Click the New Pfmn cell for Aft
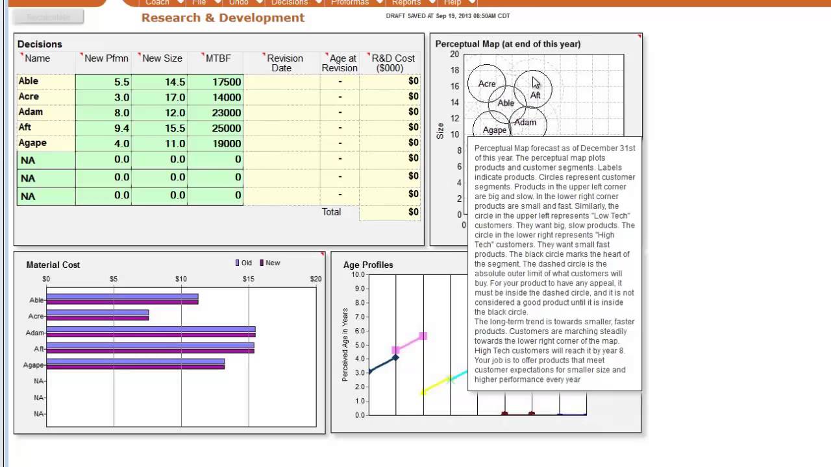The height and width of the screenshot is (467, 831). click(103, 128)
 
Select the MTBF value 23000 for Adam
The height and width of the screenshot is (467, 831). click(215, 113)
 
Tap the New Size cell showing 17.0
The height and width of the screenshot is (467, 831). click(159, 97)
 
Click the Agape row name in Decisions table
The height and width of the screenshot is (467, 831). click(32, 143)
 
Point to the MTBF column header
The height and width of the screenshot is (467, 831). click(218, 58)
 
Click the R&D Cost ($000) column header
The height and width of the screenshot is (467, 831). click(393, 63)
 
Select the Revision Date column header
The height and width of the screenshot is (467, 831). click(284, 63)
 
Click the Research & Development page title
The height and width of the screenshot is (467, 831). click(223, 18)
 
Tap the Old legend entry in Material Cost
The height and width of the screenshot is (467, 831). click(243, 263)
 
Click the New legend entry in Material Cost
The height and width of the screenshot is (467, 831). click(269, 263)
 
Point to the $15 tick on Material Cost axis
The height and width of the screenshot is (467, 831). click(248, 279)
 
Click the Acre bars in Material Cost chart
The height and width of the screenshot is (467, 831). click(97, 315)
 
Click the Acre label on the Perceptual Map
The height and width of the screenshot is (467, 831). click(486, 84)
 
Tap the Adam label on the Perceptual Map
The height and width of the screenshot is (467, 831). click(525, 122)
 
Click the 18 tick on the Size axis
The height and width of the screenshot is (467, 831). click(455, 71)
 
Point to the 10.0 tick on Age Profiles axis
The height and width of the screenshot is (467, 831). click(358, 274)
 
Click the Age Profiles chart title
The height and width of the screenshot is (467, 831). click(368, 265)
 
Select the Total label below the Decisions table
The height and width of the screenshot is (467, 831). click(331, 212)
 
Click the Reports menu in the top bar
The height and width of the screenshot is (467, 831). click(406, 3)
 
